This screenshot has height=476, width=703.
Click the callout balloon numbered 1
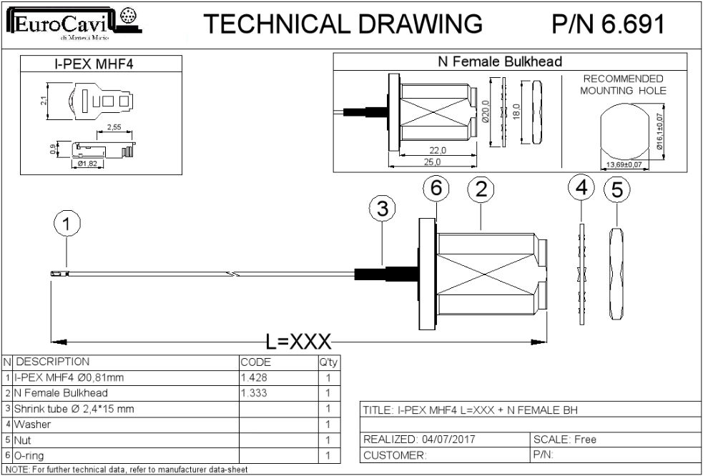[x=67, y=224]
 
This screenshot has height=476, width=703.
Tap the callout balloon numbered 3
[x=383, y=209]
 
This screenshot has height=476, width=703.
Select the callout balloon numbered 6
[x=436, y=189]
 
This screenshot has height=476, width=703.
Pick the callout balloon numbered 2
[x=481, y=190]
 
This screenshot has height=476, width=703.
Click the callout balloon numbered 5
[x=617, y=190]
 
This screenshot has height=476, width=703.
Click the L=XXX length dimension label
[x=299, y=342]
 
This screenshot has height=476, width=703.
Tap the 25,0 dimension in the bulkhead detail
[x=431, y=162]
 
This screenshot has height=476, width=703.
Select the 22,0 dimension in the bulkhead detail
[x=437, y=150]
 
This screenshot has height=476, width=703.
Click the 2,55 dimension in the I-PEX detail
[x=114, y=127]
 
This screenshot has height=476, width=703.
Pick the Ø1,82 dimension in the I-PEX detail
[x=87, y=164]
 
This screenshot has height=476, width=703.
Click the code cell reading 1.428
[x=254, y=378]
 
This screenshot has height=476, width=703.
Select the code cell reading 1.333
[x=254, y=394]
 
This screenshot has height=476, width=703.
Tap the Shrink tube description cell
[x=74, y=409]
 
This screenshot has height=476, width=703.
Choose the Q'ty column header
[x=328, y=362]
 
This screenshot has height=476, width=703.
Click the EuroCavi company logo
[x=74, y=24]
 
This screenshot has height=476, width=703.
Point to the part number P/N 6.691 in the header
[x=608, y=24]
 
